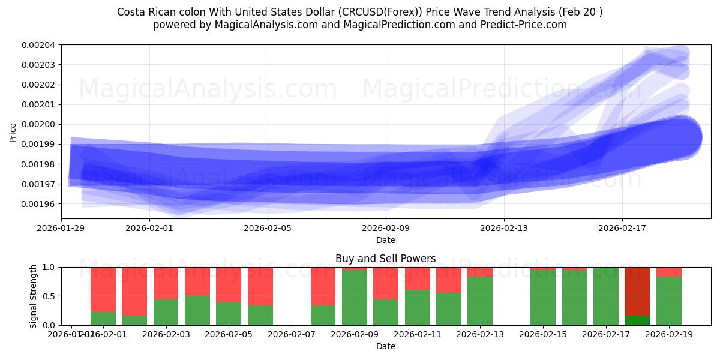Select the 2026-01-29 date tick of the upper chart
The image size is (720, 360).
click(61, 228)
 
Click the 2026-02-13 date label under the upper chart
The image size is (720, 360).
click(504, 228)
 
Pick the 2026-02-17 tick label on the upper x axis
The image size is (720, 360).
click(622, 228)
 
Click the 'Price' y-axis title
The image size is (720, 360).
click(13, 131)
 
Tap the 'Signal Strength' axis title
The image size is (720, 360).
click(34, 296)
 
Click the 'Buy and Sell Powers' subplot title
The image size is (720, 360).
click(385, 259)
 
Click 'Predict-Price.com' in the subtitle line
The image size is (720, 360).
click(526, 25)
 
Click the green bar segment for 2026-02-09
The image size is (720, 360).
click(354, 298)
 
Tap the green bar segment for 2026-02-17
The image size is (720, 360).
click(606, 296)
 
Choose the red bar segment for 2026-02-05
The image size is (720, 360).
click(229, 284)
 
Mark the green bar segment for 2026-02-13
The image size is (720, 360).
click(480, 301)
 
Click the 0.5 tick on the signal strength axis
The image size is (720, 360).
click(50, 296)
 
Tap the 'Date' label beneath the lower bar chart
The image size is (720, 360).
click(385, 346)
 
